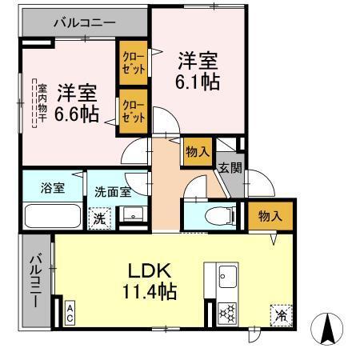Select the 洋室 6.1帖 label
click(x=198, y=70)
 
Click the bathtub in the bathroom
click(x=52, y=217)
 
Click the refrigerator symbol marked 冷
click(x=279, y=314)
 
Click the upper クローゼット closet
click(x=132, y=63)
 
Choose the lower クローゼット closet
click(x=132, y=109)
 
